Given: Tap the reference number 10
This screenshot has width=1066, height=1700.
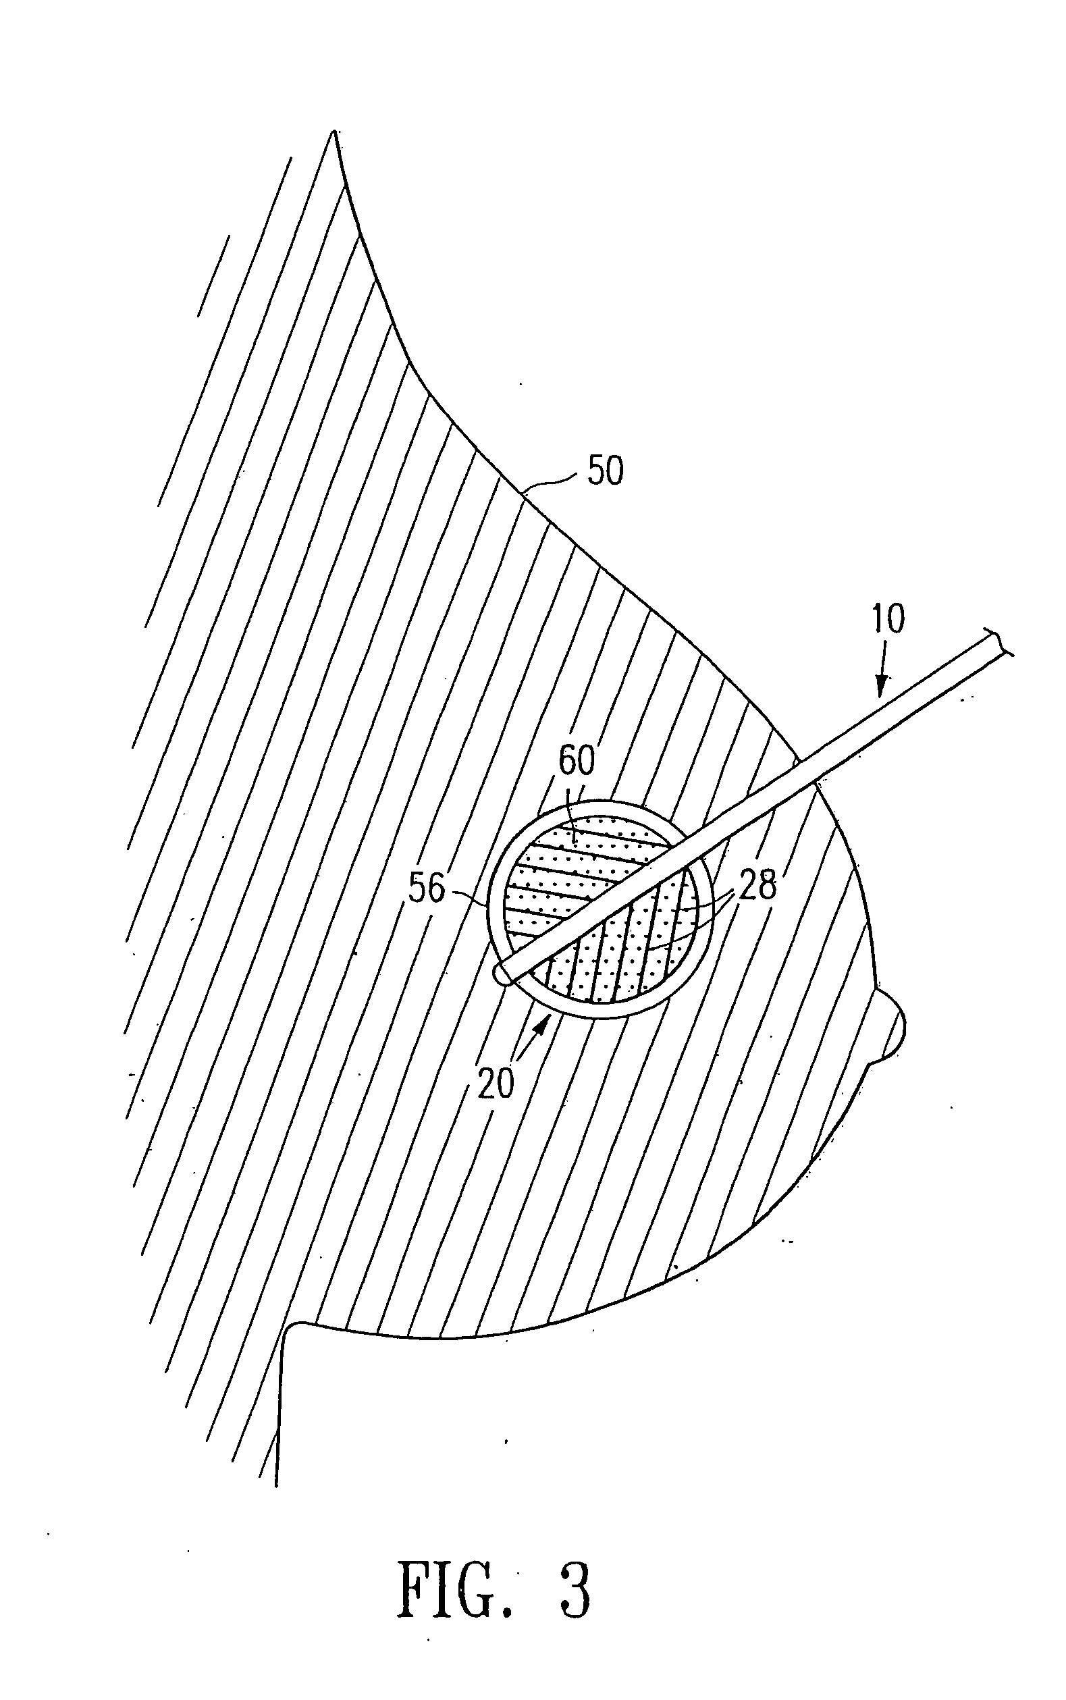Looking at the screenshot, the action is (x=888, y=618).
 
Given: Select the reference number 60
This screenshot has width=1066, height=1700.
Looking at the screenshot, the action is (x=577, y=761).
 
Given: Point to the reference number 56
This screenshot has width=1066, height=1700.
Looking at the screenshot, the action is (x=427, y=888).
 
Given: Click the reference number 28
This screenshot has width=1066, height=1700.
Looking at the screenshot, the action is (x=758, y=885).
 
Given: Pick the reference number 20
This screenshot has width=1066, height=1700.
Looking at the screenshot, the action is (x=496, y=1084).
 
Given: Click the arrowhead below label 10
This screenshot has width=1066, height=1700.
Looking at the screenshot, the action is (x=881, y=686).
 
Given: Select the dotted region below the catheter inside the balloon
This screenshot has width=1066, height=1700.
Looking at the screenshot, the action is (x=620, y=945).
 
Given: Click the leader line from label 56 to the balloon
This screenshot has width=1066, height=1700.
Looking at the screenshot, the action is (x=469, y=897).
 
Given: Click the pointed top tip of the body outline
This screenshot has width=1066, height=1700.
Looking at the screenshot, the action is (x=332, y=132).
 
